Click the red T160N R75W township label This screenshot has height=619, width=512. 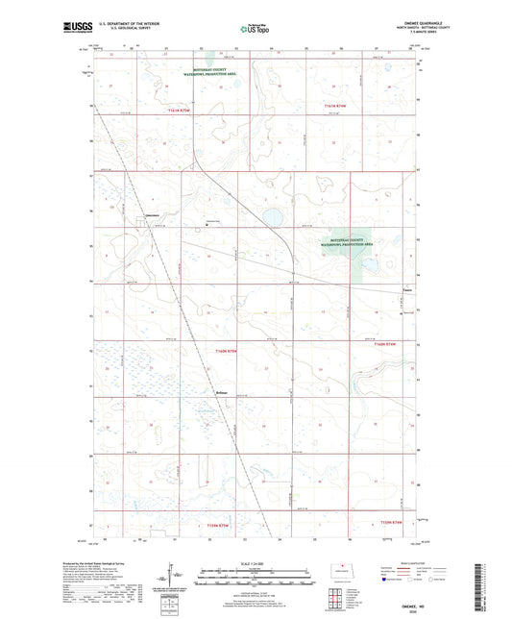[219, 352]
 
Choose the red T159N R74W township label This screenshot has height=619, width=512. [383, 521]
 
